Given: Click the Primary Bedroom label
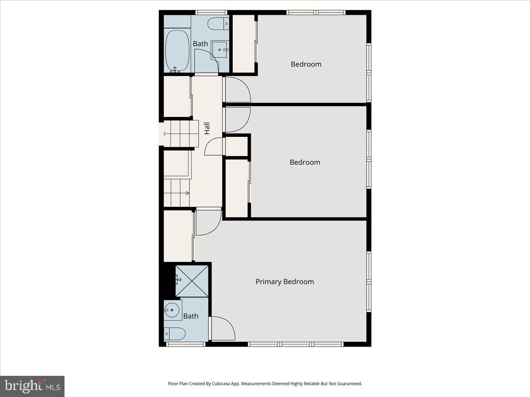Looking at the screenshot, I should click(x=284, y=281).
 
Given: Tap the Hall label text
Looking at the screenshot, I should click(x=207, y=128).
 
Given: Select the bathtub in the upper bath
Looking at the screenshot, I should click(x=178, y=51).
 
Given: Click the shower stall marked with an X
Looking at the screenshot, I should click(x=192, y=281).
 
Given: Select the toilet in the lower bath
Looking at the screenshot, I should click(x=175, y=334).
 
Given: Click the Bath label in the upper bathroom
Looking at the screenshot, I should click(x=200, y=44).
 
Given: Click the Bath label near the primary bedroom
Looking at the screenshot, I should click(x=191, y=316).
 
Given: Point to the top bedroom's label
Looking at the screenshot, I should click(x=306, y=64).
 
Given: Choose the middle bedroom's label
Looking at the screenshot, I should click(x=305, y=162).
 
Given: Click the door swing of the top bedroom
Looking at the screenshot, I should click(x=238, y=90).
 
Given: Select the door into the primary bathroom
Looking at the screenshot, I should click(x=223, y=329).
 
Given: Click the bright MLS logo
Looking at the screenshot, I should click(x=32, y=386).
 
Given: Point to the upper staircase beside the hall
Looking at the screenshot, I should click(x=179, y=133).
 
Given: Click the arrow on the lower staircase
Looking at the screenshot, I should click(x=187, y=193).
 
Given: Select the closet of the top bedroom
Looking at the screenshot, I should click(x=243, y=43).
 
